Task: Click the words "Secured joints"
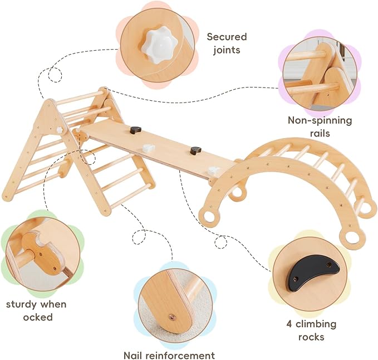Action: coord(227,43)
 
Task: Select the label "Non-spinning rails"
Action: coord(320,127)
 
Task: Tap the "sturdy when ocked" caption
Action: coord(36,310)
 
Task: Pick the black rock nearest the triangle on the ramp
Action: coord(134,130)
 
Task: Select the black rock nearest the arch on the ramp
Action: coord(195,150)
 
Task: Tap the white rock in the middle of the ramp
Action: coord(148,148)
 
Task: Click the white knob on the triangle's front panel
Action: coord(59,130)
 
